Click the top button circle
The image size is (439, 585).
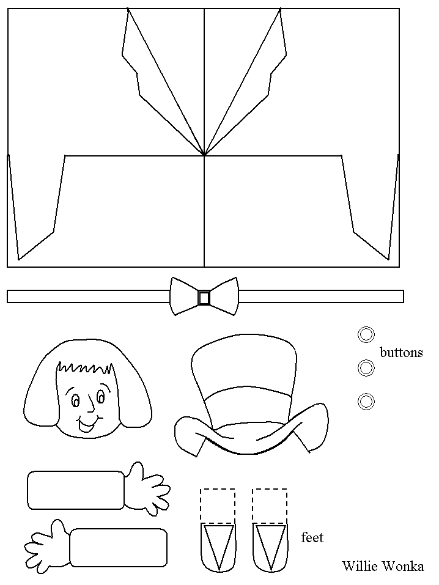coord(366,334)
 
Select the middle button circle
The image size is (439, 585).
coord(366,368)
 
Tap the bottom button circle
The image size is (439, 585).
coord(366,402)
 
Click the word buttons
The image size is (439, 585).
coord(401,352)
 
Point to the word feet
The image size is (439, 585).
coord(312,537)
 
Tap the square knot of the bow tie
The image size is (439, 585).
coord(204,298)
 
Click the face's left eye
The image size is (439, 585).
coord(75,400)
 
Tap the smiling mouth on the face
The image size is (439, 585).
coord(87,423)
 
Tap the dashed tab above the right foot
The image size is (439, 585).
coord(270,506)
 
